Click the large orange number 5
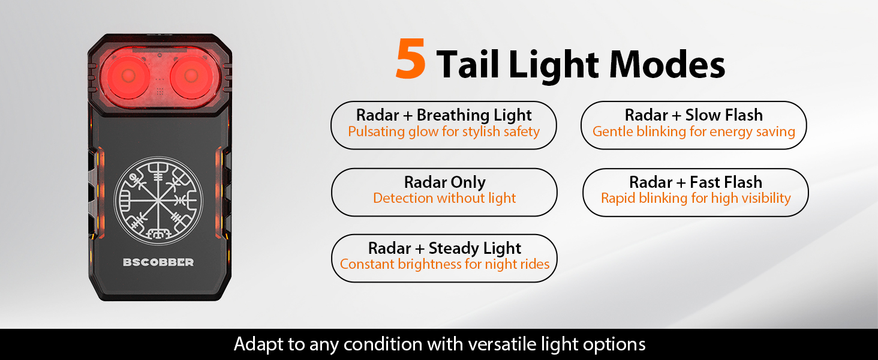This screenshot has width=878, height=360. [x=411, y=59]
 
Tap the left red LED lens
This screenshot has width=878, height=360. [x=128, y=76]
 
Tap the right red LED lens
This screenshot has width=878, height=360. [x=191, y=76]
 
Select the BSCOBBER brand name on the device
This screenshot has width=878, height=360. [x=158, y=262]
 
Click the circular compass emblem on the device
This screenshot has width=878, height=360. [x=158, y=201]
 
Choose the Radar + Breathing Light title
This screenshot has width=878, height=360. [x=444, y=115]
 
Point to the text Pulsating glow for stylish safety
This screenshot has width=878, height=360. [x=444, y=132]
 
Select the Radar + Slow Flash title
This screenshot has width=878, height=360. [x=694, y=115]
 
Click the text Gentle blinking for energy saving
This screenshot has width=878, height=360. [x=694, y=132]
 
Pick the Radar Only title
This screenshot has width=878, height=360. [x=445, y=182]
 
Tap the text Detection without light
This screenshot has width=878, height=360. [x=444, y=198]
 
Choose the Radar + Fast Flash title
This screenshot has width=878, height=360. [x=696, y=182]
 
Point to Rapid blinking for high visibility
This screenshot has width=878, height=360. [x=696, y=199]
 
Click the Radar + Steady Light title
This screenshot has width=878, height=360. [x=444, y=248]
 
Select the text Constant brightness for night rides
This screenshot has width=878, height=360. [x=444, y=265]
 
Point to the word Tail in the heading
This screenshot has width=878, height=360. [x=468, y=64]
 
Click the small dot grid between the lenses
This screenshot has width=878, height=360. [x=160, y=92]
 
